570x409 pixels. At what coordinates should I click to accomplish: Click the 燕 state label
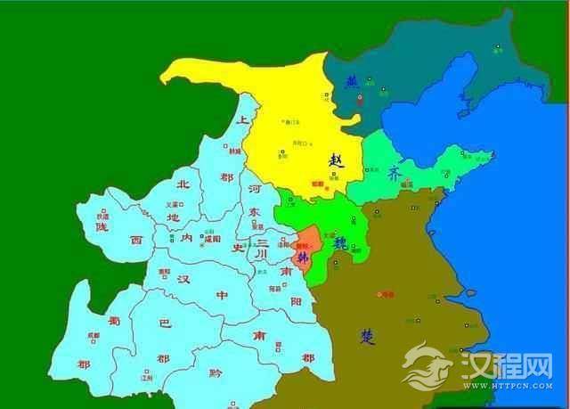point(352,81)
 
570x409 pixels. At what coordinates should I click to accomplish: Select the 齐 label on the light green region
point(394,174)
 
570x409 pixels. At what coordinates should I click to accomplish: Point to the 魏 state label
point(339,242)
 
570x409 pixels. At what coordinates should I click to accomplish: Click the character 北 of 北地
point(183,185)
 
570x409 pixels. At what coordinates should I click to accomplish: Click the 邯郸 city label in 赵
point(318,184)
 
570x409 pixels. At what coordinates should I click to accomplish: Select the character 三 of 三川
point(261,241)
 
